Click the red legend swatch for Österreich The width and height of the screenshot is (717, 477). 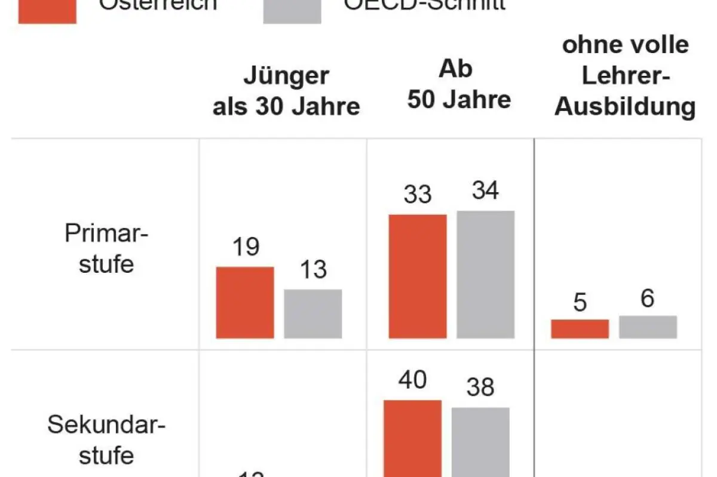pyautogui.click(x=47, y=11)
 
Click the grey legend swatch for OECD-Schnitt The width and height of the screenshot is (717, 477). pyautogui.click(x=292, y=11)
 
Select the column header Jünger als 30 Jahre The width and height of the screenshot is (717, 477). pyautogui.click(x=286, y=91)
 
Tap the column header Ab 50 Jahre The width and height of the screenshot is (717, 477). pyautogui.click(x=459, y=84)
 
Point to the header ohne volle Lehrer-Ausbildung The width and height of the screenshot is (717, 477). pyautogui.click(x=625, y=76)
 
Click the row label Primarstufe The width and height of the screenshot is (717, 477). pyautogui.click(x=106, y=248)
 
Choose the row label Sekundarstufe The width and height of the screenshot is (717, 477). pyautogui.click(x=106, y=440)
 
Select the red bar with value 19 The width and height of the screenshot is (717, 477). pyautogui.click(x=245, y=303)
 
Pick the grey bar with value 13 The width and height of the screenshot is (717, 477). pyautogui.click(x=312, y=314)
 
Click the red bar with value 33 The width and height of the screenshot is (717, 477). pyautogui.click(x=418, y=276)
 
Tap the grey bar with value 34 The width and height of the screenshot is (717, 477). pyautogui.click(x=485, y=275)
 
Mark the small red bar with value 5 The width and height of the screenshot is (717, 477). pyautogui.click(x=580, y=329)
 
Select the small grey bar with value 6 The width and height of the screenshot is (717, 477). pyautogui.click(x=648, y=327)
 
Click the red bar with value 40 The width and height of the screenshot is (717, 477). pyautogui.click(x=412, y=438)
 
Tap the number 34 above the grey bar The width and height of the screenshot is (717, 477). pyautogui.click(x=485, y=191)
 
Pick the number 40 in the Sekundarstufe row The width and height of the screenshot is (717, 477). pyautogui.click(x=412, y=380)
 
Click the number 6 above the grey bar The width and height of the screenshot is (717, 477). pyautogui.click(x=648, y=298)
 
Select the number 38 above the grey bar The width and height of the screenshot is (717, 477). pyautogui.click(x=480, y=387)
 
